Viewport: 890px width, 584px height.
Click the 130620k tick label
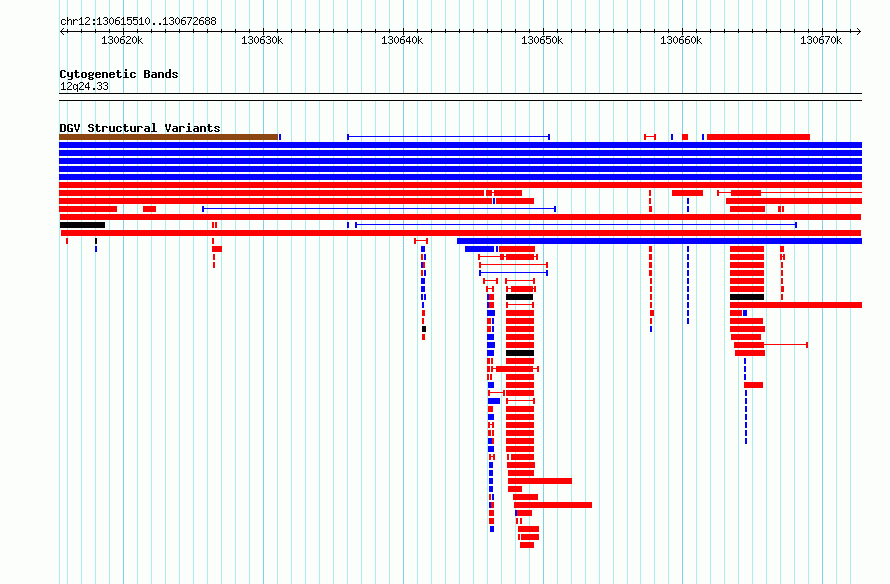click(122, 41)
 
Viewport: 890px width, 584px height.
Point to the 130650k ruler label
click(542, 41)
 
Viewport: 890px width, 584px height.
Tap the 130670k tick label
click(821, 41)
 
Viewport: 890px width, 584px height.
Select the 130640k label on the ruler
click(402, 41)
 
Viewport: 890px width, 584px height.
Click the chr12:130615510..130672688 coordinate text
click(138, 22)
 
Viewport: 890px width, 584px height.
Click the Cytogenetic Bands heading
click(119, 74)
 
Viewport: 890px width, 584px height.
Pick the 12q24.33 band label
click(84, 86)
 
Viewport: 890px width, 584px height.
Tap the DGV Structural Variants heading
click(140, 128)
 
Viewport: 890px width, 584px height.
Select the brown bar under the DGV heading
click(169, 137)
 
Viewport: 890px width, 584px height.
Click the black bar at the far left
click(82, 225)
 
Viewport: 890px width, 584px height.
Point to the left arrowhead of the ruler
click(61, 31)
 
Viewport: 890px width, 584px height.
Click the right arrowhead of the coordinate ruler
click(859, 31)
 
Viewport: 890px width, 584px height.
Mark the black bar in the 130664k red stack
click(747, 297)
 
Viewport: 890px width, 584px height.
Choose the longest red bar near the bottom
click(553, 505)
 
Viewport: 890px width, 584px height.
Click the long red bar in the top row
click(758, 137)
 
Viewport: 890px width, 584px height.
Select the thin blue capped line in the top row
click(448, 137)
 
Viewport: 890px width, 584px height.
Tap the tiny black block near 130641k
click(424, 329)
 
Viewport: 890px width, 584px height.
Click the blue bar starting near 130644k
click(660, 241)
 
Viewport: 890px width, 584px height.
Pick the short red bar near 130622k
click(149, 209)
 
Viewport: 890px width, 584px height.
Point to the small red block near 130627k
click(217, 249)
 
